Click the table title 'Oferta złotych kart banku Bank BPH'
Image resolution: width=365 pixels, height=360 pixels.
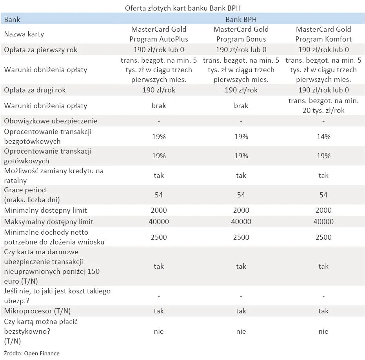[x=185, y=8]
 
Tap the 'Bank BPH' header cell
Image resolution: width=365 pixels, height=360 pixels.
[x=241, y=19]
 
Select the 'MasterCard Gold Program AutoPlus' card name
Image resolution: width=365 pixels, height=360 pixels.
[x=159, y=34]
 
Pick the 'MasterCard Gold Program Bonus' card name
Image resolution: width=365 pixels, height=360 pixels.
[x=241, y=34]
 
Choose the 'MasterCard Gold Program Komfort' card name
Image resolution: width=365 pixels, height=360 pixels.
[x=323, y=34]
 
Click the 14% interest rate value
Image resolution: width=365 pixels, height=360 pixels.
[x=323, y=136]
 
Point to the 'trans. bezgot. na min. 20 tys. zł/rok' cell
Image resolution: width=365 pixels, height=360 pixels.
[x=323, y=105]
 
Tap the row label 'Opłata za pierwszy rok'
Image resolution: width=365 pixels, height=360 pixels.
[x=41, y=50]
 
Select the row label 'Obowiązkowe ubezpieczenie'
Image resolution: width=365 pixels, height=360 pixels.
[x=51, y=121]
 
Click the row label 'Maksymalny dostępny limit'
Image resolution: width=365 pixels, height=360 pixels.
[x=49, y=222]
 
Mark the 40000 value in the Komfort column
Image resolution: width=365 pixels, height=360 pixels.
[x=323, y=222]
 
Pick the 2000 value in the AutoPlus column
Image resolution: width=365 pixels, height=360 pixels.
[x=159, y=210]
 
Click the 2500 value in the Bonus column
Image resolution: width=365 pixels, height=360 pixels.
[x=241, y=237]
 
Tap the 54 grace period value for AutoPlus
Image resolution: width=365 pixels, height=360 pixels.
[x=159, y=195]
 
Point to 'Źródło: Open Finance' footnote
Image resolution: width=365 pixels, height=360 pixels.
[x=32, y=353]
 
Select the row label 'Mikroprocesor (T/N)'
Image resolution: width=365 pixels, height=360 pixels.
[x=38, y=311]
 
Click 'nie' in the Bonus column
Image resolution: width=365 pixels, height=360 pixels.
[x=241, y=331]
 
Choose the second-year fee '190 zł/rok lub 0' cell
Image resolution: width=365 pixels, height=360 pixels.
[x=323, y=90]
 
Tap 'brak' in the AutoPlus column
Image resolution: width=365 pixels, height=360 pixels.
[x=159, y=106]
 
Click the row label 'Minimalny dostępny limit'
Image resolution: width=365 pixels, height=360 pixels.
[x=45, y=210]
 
